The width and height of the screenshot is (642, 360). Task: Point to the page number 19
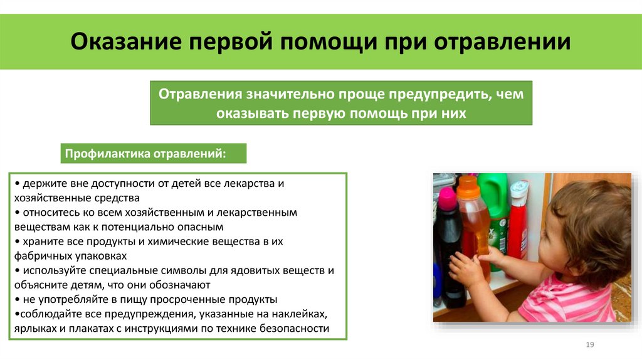(x=589, y=345)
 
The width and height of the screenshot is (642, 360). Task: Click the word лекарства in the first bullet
(x=251, y=183)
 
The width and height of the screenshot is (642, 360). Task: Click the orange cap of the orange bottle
(x=468, y=186)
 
